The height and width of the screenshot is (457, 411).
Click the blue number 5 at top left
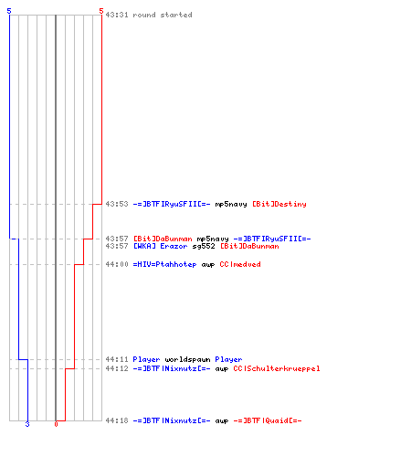(9, 11)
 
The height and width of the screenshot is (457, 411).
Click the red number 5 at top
(101, 11)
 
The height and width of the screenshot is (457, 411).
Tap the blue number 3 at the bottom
(27, 424)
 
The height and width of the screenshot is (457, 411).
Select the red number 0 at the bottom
(56, 424)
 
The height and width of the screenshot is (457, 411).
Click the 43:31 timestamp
(117, 15)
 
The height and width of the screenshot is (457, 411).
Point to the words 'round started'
(163, 15)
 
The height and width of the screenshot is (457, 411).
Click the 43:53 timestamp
(117, 204)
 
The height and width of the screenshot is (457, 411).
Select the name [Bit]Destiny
(279, 204)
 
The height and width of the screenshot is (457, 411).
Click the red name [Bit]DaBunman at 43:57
(163, 239)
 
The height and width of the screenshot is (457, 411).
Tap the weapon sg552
(204, 246)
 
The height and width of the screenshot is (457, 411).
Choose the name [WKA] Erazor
(160, 246)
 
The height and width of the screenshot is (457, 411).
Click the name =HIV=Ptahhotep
(164, 264)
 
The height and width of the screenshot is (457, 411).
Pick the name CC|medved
(240, 264)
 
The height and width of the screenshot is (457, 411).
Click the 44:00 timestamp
(117, 264)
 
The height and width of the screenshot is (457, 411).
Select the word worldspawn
(187, 359)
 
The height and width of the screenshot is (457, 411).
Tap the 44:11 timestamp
(117, 359)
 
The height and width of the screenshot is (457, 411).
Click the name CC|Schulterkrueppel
(277, 368)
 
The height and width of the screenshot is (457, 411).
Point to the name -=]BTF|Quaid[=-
(268, 420)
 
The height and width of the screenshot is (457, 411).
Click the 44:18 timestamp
(117, 420)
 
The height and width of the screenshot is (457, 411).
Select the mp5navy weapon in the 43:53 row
(231, 204)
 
